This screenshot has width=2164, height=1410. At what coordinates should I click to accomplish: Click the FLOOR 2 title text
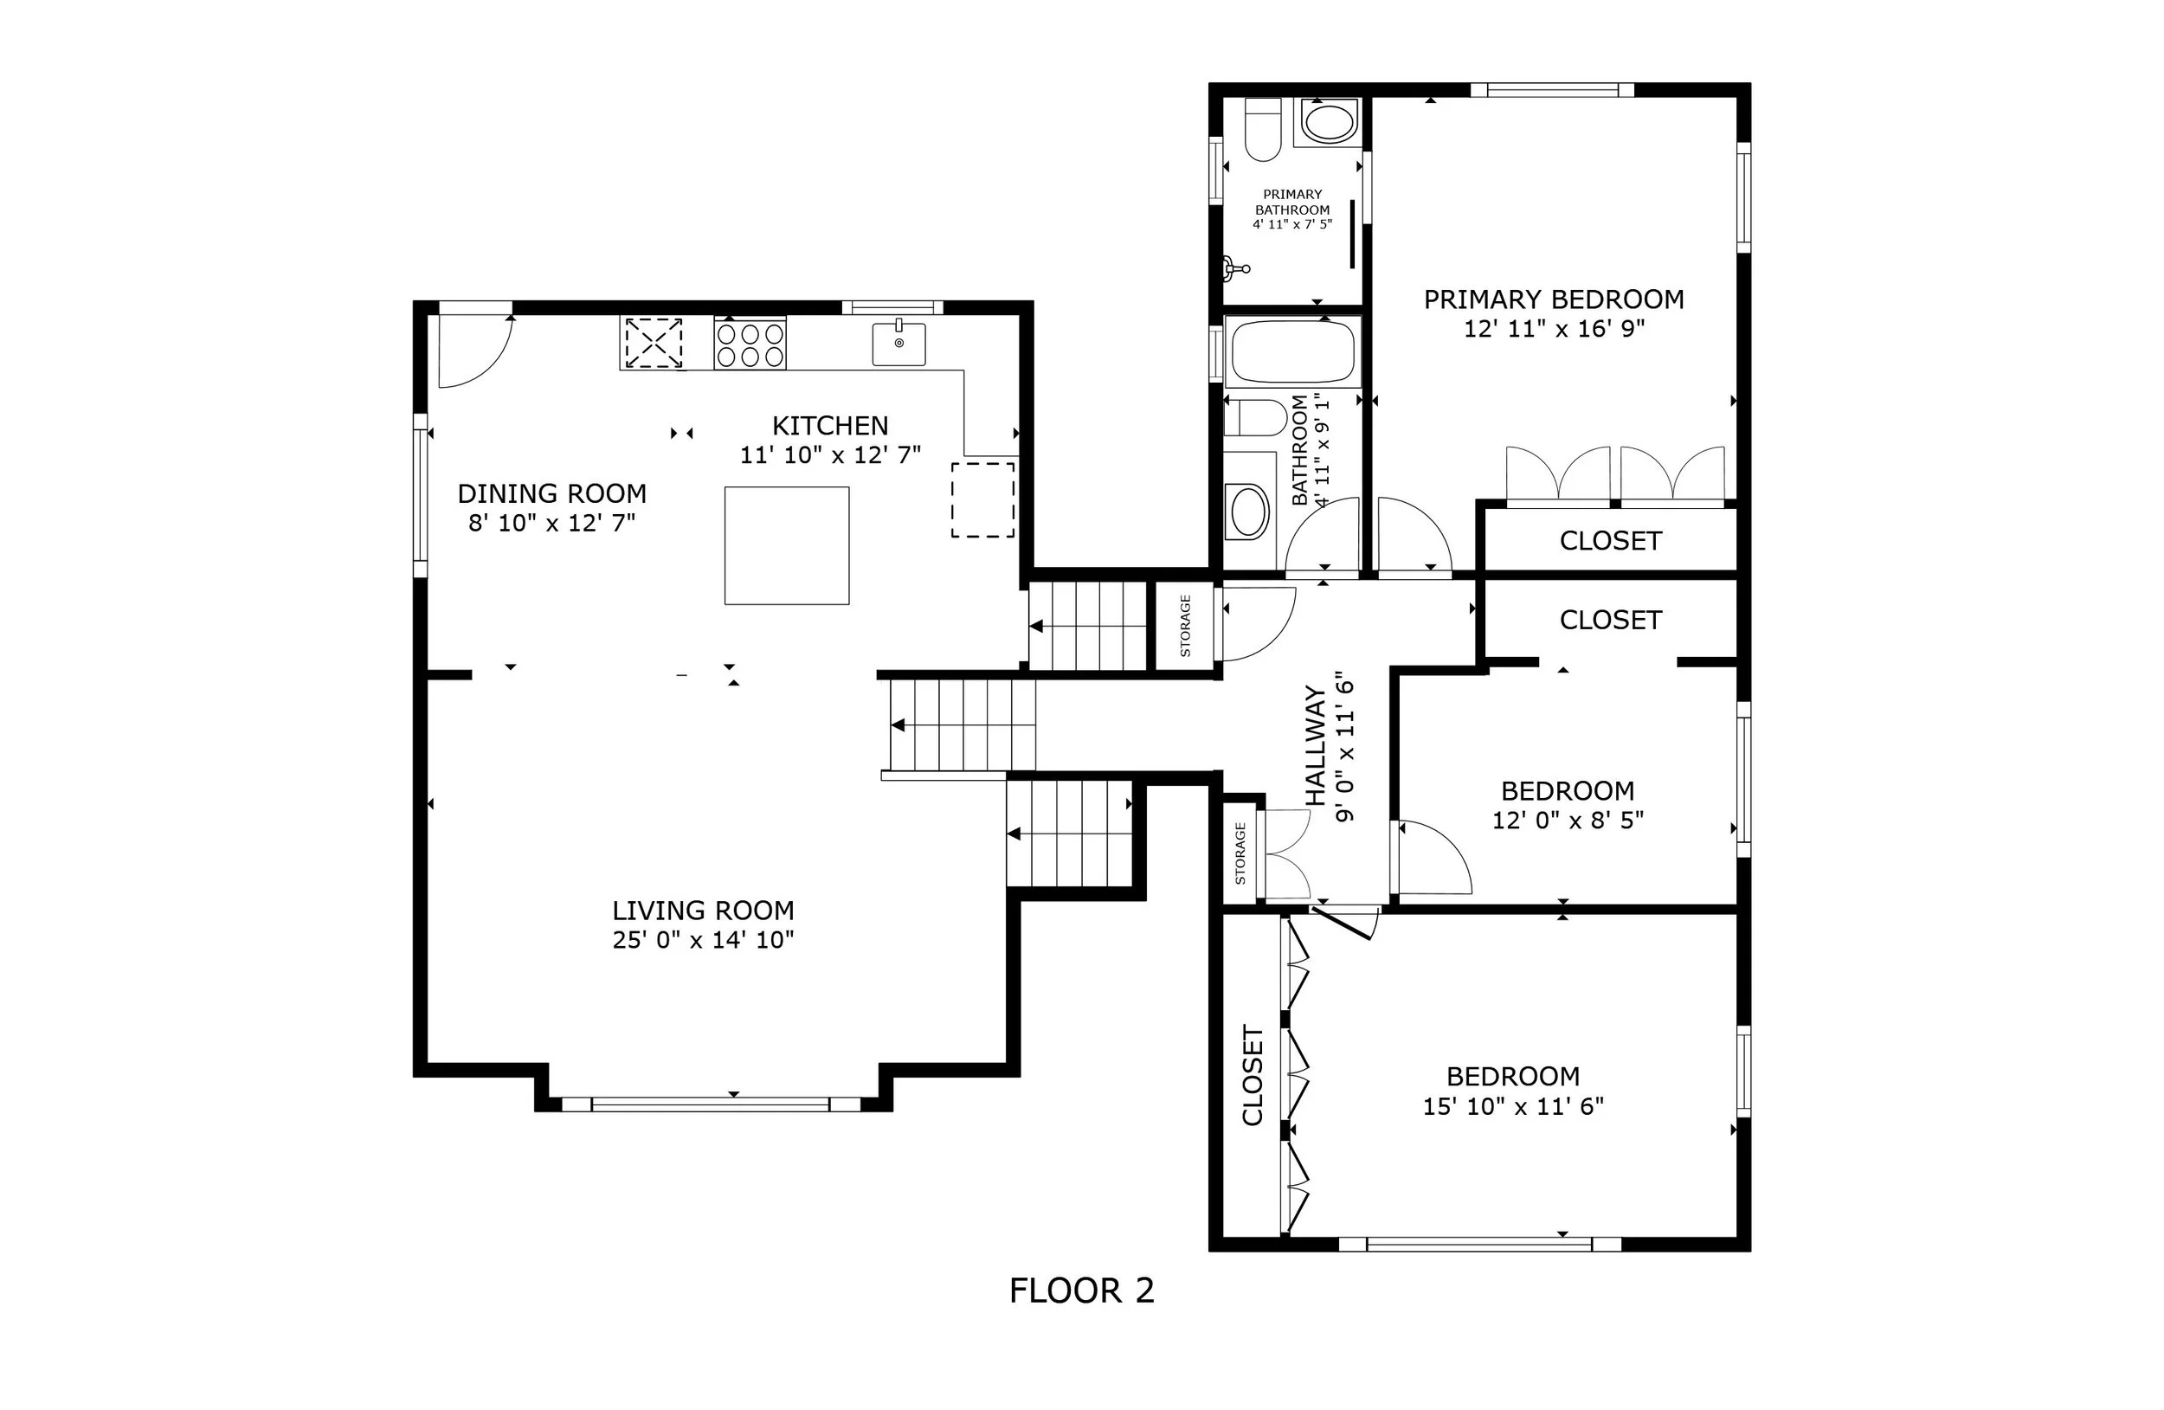[1081, 1291]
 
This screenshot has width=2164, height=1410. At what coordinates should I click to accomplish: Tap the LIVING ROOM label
[703, 910]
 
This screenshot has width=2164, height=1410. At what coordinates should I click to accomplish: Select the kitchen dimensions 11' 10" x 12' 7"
[830, 454]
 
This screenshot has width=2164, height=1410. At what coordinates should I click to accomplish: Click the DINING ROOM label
[552, 493]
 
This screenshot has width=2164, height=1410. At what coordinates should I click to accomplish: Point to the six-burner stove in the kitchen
[750, 343]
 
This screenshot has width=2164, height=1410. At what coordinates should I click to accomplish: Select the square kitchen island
[787, 545]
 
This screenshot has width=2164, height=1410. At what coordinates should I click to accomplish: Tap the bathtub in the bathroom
[1291, 350]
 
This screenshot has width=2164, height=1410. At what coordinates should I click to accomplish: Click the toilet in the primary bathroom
[1262, 129]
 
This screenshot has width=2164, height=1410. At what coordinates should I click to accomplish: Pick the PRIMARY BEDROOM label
[1554, 299]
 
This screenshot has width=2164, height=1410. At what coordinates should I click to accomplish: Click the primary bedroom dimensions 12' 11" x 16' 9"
[1554, 328]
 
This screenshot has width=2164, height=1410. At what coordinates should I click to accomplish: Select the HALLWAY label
[1316, 745]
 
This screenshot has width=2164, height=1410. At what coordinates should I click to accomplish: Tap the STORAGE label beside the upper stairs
[1185, 627]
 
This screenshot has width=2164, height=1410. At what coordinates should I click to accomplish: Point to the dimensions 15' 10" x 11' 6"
[1513, 1105]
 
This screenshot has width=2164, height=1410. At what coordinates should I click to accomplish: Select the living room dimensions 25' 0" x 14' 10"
[703, 939]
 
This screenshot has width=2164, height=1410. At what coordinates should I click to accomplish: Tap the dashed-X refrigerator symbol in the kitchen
[653, 343]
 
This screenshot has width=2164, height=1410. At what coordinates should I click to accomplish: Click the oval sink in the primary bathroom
[1328, 122]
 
